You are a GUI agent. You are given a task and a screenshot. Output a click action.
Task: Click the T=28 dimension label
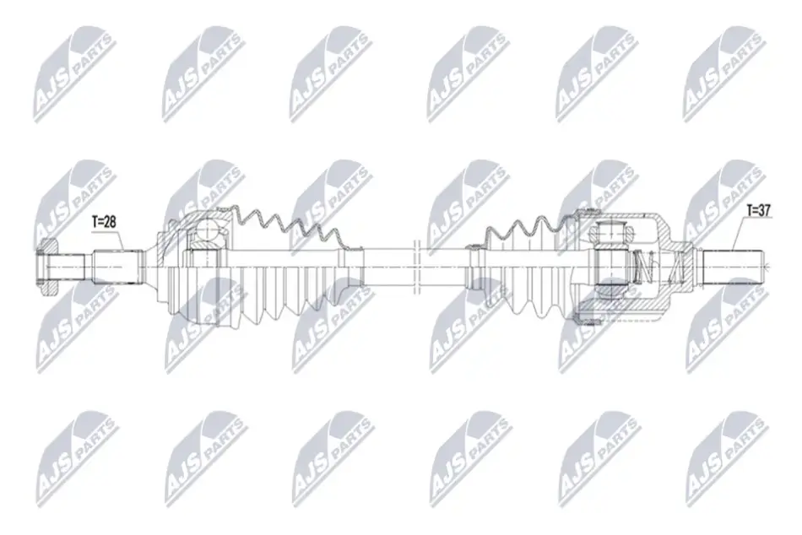105,221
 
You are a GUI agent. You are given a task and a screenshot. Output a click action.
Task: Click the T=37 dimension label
759,210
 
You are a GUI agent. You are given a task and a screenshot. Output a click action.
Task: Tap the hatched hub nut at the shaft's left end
47,267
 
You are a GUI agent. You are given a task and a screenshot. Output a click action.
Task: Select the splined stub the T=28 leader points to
117,267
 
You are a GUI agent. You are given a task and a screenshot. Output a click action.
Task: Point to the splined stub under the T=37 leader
733,267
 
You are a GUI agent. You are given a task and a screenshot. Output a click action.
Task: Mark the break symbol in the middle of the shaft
416,267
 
